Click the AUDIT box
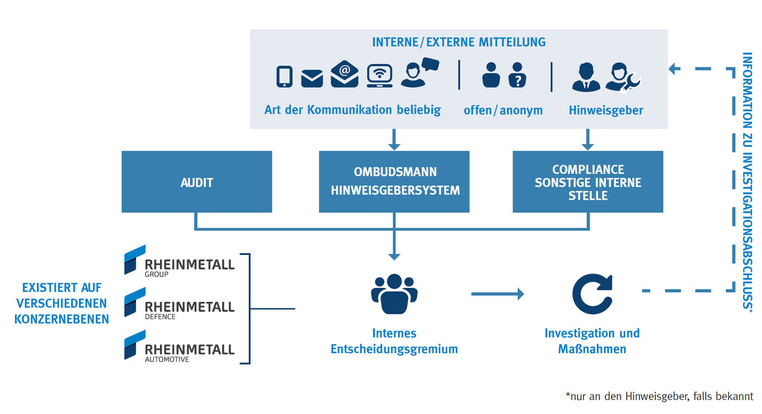(x=196, y=182)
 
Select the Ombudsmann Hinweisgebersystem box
(x=394, y=182)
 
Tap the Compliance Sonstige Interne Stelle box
(x=588, y=182)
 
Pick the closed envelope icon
(x=312, y=79)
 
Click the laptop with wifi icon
(x=379, y=76)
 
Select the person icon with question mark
(x=518, y=76)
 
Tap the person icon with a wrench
(x=621, y=77)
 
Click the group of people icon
(x=394, y=294)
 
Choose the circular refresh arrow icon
(x=592, y=293)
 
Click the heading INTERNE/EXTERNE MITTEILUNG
(x=459, y=42)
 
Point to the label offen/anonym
(x=503, y=110)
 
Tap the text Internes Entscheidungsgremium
(x=394, y=341)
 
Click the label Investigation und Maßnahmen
(x=592, y=341)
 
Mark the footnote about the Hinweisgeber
(x=659, y=397)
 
